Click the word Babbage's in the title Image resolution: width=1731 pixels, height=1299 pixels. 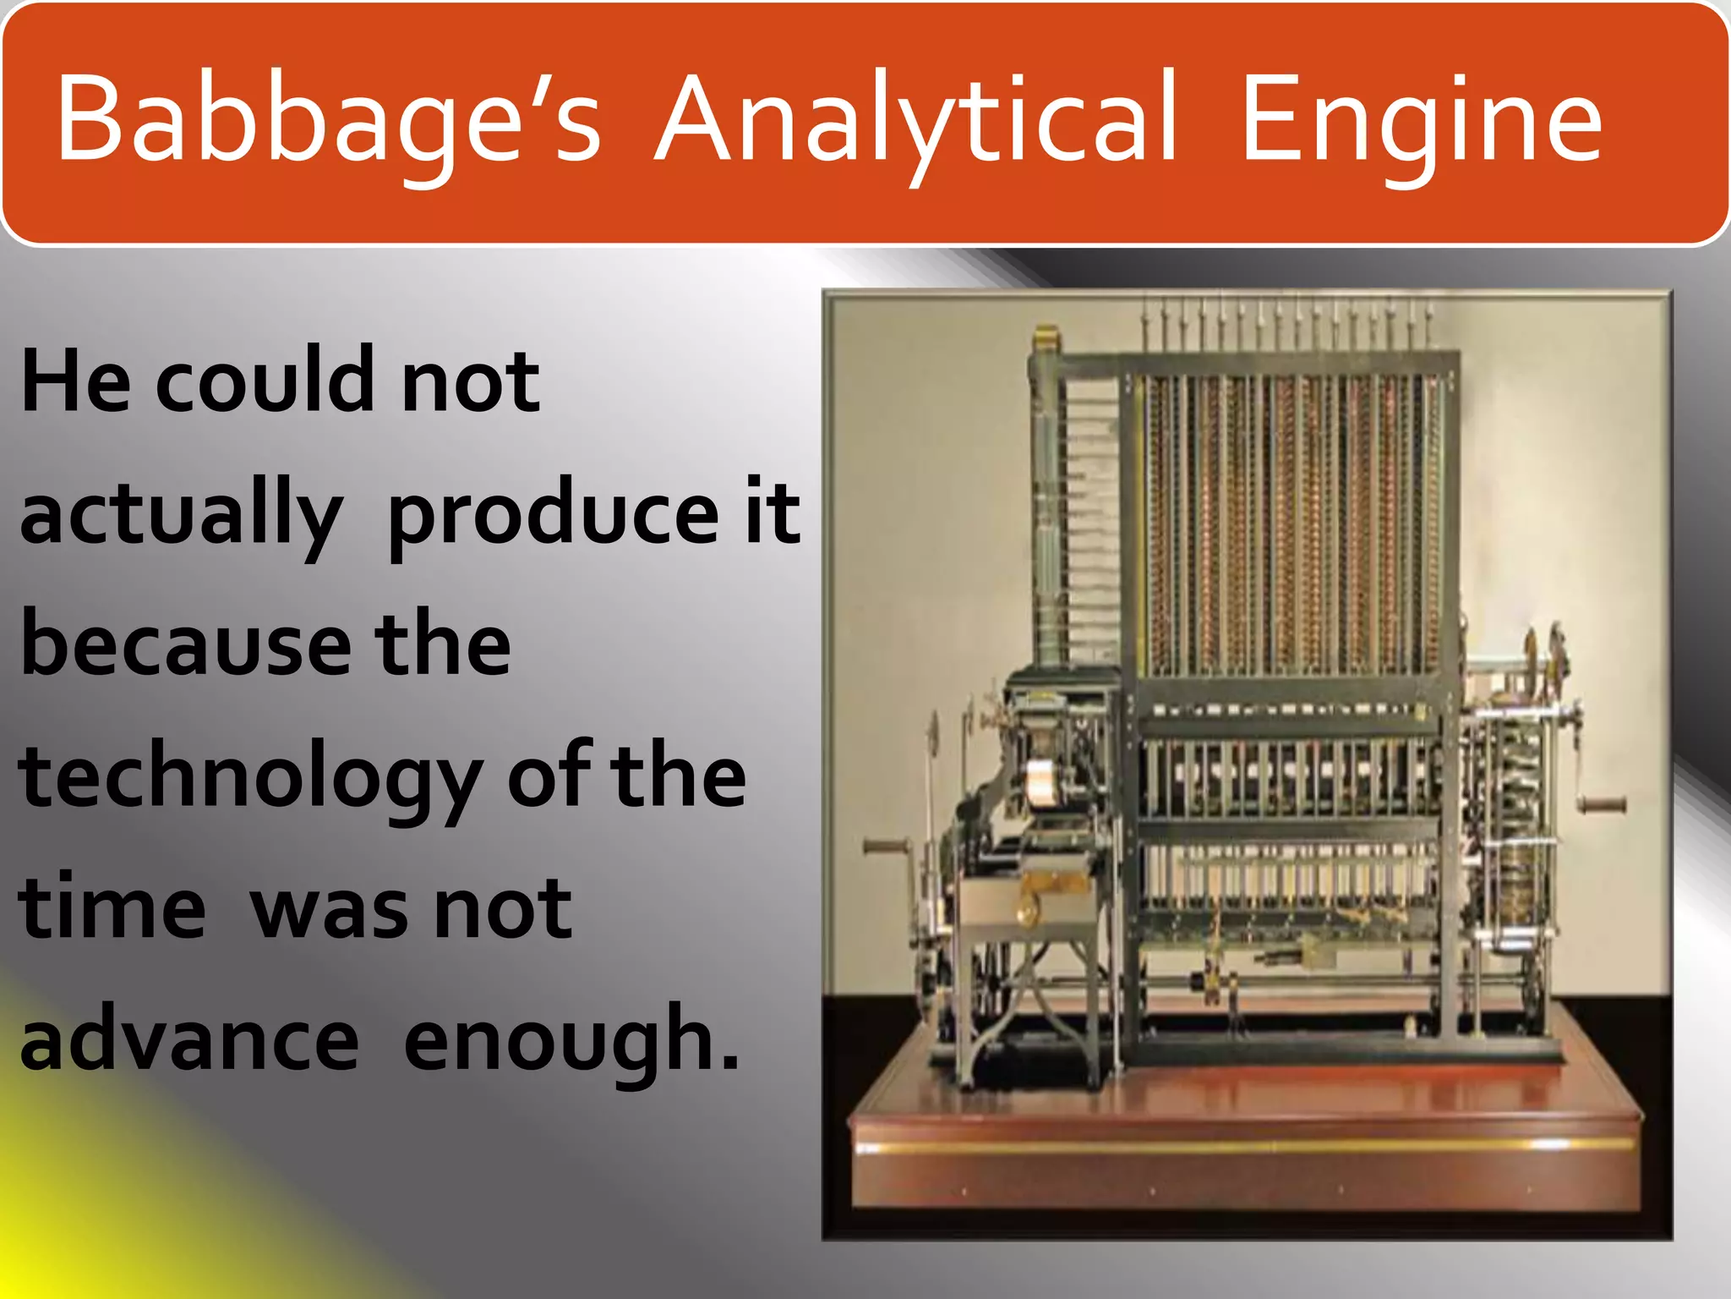328,118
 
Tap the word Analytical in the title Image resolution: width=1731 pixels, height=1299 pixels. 915,118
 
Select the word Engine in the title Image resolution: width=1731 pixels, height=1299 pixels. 1420,118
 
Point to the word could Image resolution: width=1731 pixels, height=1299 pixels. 264,382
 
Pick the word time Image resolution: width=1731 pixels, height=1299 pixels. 112,909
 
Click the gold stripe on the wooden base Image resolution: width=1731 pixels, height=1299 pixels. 1242,1146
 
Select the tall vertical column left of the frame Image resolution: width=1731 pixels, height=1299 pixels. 1048,507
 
